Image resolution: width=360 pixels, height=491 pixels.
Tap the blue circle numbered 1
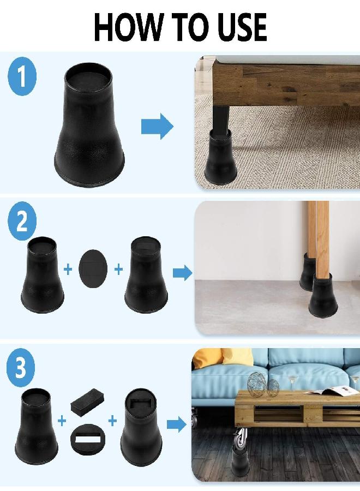tap(22, 77)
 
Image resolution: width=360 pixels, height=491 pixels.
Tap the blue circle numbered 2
tap(22, 224)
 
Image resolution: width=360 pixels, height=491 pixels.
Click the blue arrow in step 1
tap(157, 127)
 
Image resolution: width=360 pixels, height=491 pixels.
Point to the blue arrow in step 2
tap(182, 273)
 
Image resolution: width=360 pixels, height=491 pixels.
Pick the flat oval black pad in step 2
tap(93, 270)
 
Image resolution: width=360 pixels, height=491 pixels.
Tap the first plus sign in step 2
tap(68, 270)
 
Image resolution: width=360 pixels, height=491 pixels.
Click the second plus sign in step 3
tap(112, 421)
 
